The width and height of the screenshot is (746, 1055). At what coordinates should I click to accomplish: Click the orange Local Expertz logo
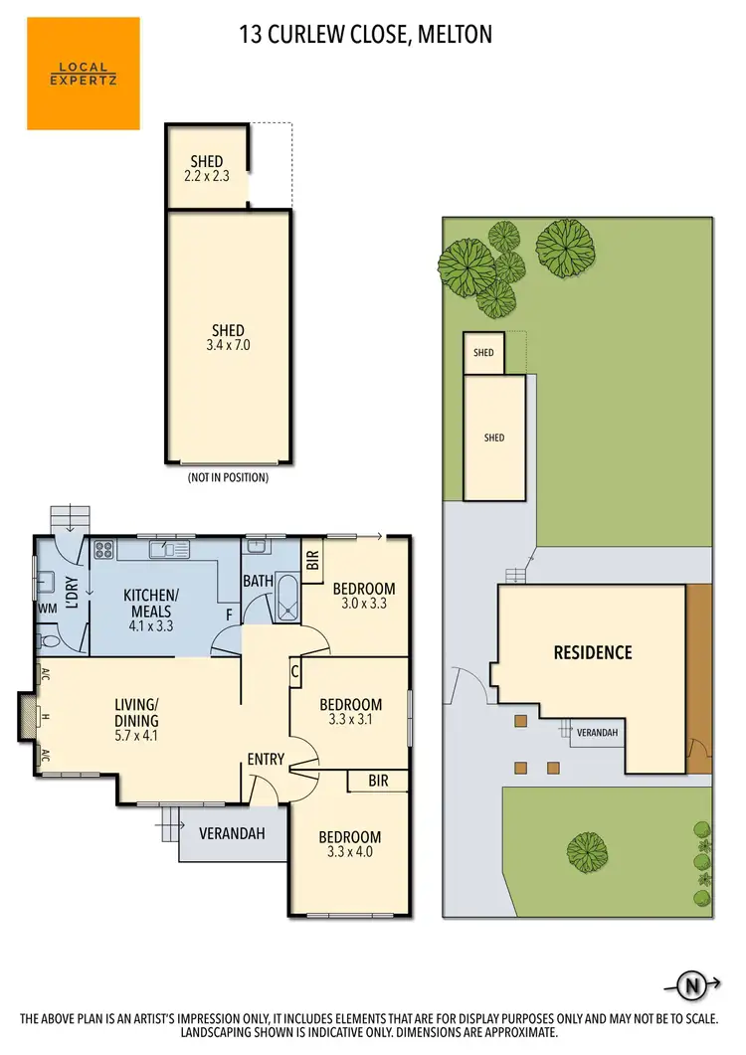pos(84,75)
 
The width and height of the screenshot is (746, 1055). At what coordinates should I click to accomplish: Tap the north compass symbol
pos(691,985)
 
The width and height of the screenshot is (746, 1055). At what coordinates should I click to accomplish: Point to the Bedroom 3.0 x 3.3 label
pos(363,596)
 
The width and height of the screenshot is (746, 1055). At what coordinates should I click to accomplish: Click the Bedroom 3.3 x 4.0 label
pos(350,844)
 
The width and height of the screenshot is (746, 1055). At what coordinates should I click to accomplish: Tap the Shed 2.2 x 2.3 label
pos(207,169)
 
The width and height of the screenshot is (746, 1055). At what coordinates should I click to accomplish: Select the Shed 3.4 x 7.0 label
pos(228,338)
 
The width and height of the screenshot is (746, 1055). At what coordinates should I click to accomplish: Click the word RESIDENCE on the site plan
pos(593,653)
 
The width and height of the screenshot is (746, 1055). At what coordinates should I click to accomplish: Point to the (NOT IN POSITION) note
pos(228,477)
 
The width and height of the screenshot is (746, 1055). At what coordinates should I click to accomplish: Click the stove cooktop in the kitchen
pos(103,549)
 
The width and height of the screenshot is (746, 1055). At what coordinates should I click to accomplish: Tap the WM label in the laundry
pos(47,608)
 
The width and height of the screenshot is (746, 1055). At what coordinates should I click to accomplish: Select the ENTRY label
pos(267,760)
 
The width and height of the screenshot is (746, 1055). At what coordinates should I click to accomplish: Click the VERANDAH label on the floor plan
pos(232,833)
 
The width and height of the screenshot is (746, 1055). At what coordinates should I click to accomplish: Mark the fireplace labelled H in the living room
pos(28,716)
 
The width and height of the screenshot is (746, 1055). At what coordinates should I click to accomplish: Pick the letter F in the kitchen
pos(229,615)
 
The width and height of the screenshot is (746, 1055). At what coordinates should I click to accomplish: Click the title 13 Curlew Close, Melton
pos(366,36)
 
